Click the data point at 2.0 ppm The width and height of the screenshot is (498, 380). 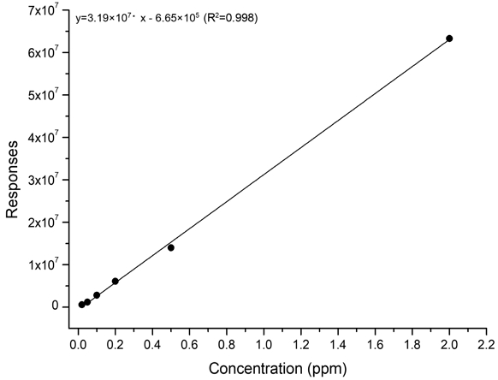(x=449, y=39)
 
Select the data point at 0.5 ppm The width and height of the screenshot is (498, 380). (x=171, y=248)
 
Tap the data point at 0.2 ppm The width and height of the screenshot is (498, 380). (x=116, y=282)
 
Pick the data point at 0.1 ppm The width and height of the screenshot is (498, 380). (x=97, y=295)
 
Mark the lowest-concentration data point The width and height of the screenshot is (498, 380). (x=82, y=304)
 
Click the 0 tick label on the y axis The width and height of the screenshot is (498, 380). (x=53, y=306)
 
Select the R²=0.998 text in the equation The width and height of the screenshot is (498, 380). (x=231, y=17)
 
